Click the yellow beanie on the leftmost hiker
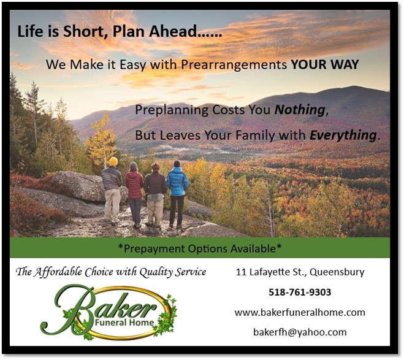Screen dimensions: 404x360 point(113,161)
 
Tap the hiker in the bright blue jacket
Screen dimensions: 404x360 point(177,194)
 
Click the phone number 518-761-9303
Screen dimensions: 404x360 point(300,292)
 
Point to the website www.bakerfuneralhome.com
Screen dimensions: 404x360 point(300,312)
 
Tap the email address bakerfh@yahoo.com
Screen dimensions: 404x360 point(300,332)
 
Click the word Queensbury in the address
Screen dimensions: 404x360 point(337,272)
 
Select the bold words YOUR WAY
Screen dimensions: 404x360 point(325,64)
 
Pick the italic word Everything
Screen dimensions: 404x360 point(343,136)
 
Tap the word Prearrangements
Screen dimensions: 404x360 point(234,64)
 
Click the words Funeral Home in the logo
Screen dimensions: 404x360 point(124,323)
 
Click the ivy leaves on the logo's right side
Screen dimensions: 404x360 point(167,316)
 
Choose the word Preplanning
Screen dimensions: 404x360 point(172,110)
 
